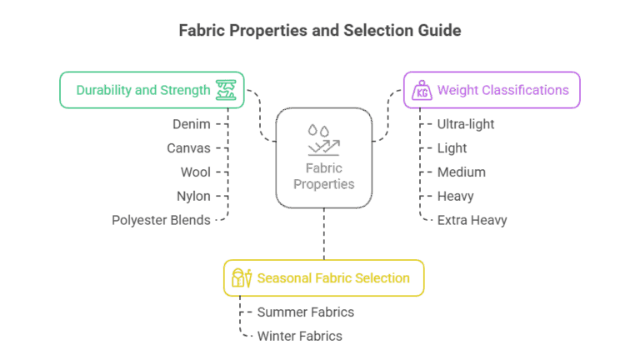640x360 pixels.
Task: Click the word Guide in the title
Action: tap(439, 31)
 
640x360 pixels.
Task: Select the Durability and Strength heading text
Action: tap(143, 90)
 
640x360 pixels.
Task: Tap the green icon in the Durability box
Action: tap(226, 90)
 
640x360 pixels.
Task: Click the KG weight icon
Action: tap(422, 90)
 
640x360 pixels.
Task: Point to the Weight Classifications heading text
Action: tap(502, 90)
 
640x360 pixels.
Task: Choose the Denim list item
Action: tap(192, 124)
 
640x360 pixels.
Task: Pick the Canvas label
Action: tap(188, 148)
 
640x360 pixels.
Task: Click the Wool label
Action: tap(196, 172)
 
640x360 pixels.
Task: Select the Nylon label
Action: tap(193, 197)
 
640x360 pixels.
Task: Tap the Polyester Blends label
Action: tap(161, 220)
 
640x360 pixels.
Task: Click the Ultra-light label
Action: tap(466, 124)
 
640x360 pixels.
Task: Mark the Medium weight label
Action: tap(461, 172)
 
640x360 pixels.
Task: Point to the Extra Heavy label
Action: tap(472, 220)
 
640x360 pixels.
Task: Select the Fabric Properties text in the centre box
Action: tap(324, 176)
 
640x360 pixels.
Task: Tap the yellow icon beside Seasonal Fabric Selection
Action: tap(242, 278)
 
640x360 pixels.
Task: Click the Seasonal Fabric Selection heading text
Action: tap(333, 278)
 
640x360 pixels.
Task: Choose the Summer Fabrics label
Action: tap(306, 312)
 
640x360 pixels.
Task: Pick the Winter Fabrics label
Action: tap(300, 337)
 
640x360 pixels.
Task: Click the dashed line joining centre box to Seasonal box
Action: tap(324, 234)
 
